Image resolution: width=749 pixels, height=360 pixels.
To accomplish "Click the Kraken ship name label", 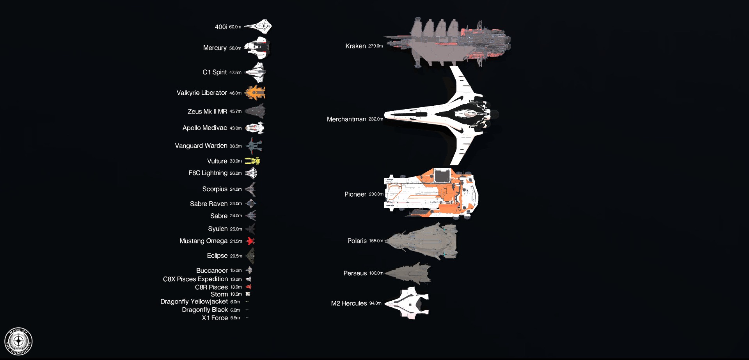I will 355,46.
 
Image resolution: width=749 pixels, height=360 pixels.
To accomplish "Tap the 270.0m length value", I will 375,46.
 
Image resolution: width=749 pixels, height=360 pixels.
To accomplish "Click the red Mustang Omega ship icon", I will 250,241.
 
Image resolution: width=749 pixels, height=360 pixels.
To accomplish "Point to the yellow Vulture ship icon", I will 252,161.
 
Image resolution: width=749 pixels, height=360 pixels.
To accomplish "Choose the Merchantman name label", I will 346,119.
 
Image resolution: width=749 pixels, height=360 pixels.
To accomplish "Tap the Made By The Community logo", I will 18,342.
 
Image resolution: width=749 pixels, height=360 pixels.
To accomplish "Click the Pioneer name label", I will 355,194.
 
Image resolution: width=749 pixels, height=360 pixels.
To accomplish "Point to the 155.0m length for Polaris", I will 376,241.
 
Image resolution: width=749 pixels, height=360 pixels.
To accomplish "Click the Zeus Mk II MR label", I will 207,112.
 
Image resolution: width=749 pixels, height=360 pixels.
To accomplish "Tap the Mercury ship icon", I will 257,48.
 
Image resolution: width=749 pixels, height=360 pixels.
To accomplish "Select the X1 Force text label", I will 215,318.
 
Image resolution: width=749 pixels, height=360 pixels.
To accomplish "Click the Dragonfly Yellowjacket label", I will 194,301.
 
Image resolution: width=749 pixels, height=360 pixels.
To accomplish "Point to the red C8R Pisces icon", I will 248,287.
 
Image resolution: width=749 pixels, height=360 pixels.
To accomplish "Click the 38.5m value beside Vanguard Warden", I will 236,146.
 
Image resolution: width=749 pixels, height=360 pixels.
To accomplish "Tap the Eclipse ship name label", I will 217,256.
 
